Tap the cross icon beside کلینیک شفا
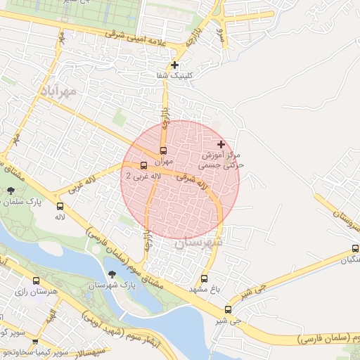point(174,65)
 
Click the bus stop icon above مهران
point(163,150)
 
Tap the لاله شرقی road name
point(195,183)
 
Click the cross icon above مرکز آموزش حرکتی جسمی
point(221,143)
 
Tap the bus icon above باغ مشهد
point(205,278)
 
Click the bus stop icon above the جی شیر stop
point(228,309)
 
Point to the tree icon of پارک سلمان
point(11,190)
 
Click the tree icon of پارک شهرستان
point(112,274)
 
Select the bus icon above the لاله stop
point(60,207)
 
